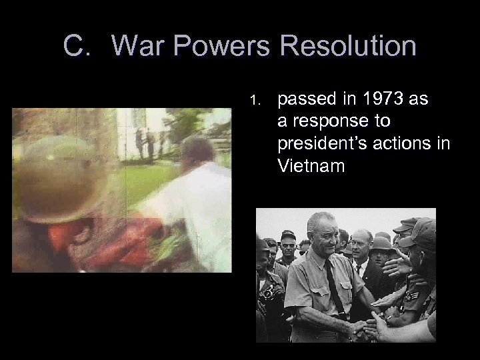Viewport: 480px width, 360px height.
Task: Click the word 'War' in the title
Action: (137, 46)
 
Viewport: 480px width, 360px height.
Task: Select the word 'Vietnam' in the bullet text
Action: (311, 165)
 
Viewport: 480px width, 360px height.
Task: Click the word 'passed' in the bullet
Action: (303, 99)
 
